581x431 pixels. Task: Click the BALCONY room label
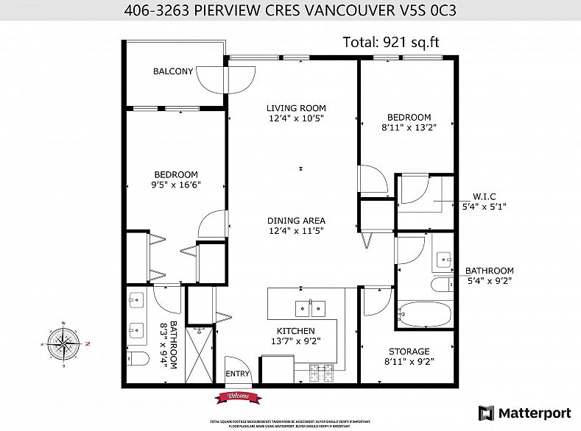point(173,71)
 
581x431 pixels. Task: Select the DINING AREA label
point(296,221)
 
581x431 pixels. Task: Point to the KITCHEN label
point(296,332)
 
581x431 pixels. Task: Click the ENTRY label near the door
point(238,374)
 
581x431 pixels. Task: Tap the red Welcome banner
point(238,397)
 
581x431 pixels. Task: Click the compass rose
point(65,344)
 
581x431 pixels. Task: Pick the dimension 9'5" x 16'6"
point(176,185)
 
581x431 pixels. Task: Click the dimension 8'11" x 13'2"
point(409,127)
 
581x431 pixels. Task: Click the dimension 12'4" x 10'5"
point(296,118)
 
